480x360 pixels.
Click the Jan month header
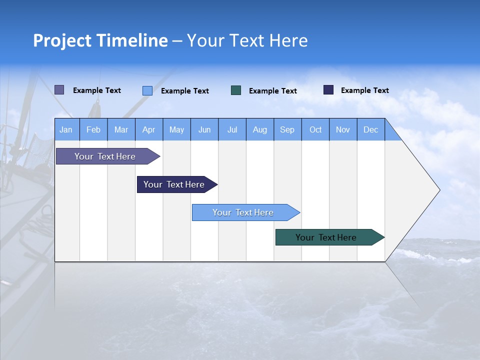coord(66,130)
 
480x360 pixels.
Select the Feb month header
coord(93,130)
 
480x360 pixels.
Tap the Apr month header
coord(148,130)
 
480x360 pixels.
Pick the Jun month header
coord(204,130)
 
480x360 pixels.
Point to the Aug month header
coord(259,130)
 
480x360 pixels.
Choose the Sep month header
coord(287,130)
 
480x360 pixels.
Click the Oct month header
coord(315,130)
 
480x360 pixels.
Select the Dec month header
coord(370,130)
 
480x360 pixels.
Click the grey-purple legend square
coord(59,90)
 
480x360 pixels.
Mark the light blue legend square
coord(147,90)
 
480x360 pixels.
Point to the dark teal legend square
coord(236,90)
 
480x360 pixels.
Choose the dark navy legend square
coord(328,90)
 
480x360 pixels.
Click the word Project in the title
coord(61,40)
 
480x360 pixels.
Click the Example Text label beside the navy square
coord(364,90)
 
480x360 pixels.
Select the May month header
coord(176,130)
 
